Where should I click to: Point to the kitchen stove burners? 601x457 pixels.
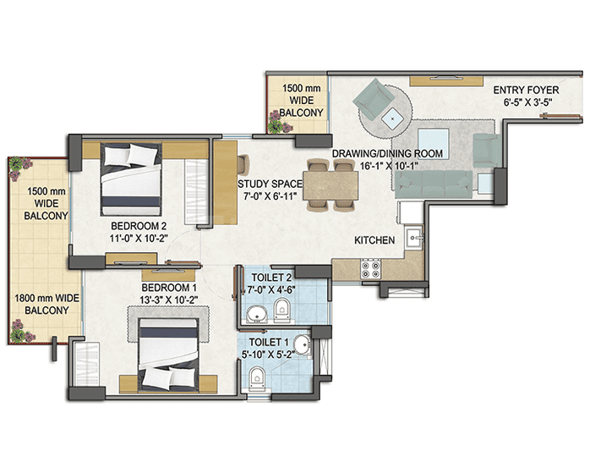click(x=372, y=269)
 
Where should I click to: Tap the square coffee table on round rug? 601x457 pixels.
click(x=393, y=119)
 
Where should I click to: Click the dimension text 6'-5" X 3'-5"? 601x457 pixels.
click(x=531, y=102)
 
